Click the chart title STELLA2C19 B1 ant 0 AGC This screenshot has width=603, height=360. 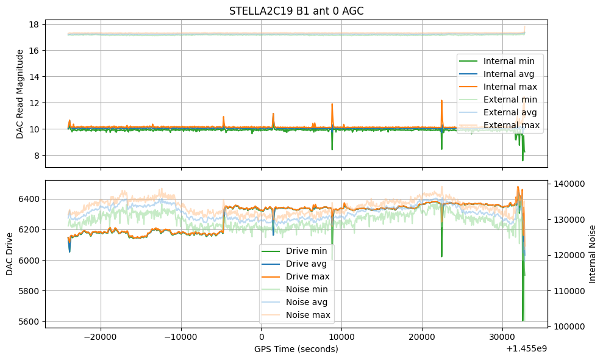(x=296, y=11)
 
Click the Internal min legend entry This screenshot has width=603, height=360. (x=508, y=61)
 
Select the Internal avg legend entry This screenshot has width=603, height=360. (x=508, y=74)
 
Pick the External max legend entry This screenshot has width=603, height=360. (x=512, y=126)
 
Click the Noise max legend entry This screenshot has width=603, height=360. (x=308, y=315)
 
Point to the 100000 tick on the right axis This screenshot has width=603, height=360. (x=568, y=327)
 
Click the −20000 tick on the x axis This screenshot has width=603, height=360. (x=101, y=337)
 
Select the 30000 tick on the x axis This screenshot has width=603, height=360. (x=502, y=337)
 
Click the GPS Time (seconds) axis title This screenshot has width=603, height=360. (x=296, y=349)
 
